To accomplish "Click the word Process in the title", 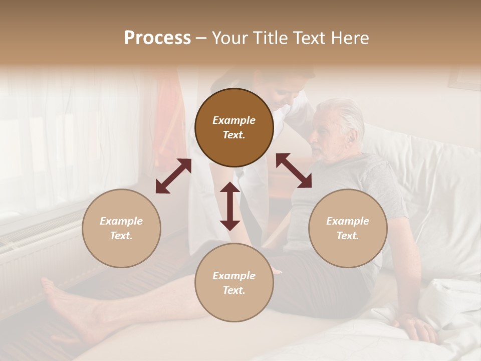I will click(x=157, y=38).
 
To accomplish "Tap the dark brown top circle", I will click(x=234, y=127).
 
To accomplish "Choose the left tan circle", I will click(x=121, y=228).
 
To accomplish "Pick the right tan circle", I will click(x=348, y=228).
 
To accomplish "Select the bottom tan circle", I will click(x=234, y=282).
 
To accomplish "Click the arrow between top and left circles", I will click(x=173, y=176).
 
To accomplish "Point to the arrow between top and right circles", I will click(x=294, y=170).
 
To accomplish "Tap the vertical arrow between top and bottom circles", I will click(x=230, y=206).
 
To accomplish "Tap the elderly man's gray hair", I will click(x=346, y=113).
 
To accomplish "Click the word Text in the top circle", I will click(x=233, y=135).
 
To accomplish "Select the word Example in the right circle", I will click(x=348, y=221).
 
